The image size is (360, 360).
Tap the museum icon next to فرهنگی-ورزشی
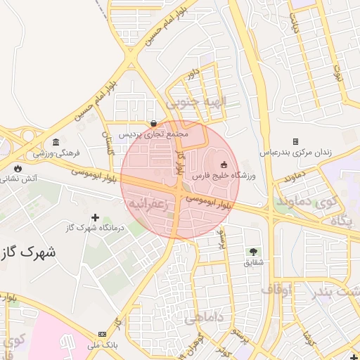pyautogui.click(x=56, y=141)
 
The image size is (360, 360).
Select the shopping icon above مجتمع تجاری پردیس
pyautogui.click(x=153, y=123)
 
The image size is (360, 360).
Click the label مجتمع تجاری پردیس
pyautogui.click(x=153, y=133)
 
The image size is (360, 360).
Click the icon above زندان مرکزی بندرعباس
pyautogui.click(x=295, y=142)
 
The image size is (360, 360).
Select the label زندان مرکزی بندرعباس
pyautogui.click(x=295, y=152)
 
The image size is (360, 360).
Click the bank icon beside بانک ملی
pyautogui.click(x=103, y=334)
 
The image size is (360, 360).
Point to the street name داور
pyautogui.click(x=193, y=72)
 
